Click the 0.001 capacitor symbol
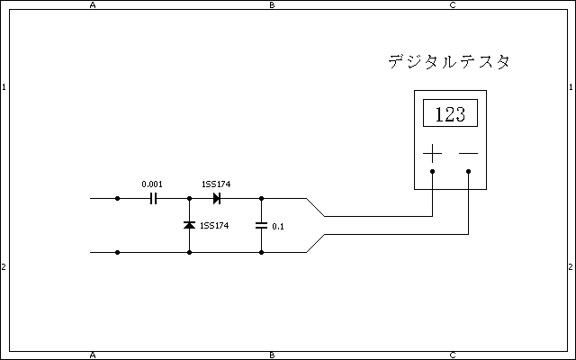pos(153,198)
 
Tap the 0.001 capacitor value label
pos(152,184)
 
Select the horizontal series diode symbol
pos(216,198)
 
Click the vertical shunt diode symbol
pos(189,225)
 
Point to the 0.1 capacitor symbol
pos(261,225)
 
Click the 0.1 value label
pos(277,226)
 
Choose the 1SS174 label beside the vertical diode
pos(214,225)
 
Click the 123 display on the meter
pos(450,114)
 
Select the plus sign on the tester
pos(433,153)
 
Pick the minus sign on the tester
pos(468,153)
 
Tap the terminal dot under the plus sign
pos(433,171)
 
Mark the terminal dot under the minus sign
pos(469,171)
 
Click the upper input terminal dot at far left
pos(117,198)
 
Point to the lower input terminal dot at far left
pos(117,253)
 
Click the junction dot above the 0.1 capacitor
pos(261,198)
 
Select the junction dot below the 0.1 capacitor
pos(261,253)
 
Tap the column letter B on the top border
pos(273,5)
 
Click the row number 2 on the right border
pos(571,267)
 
